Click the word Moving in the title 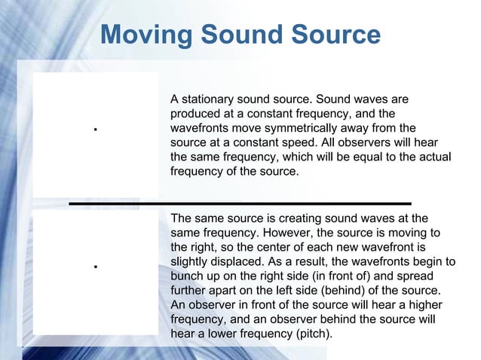coord(146,35)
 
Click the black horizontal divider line coord(240,203)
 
